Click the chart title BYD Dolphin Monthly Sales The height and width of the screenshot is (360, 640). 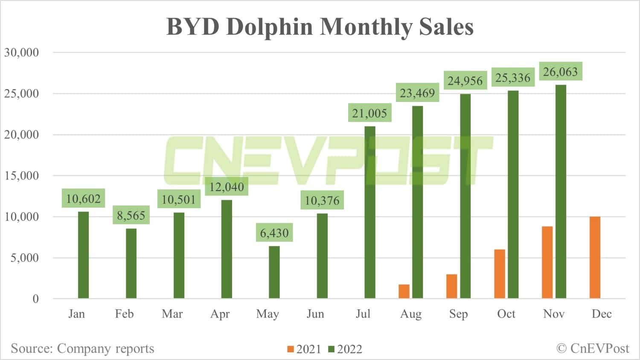320,26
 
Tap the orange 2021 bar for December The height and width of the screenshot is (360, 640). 595,258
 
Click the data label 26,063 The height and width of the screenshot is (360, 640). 560,72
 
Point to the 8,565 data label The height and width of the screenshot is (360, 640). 131,215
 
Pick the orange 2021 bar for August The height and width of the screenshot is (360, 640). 404,291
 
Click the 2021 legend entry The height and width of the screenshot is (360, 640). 304,349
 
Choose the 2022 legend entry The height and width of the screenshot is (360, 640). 345,349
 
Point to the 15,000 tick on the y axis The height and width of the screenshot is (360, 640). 21,175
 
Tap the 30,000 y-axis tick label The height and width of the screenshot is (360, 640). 21,52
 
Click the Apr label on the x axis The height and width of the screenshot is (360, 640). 220,314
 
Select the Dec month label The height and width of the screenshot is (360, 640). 602,314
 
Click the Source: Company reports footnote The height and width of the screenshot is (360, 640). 82,348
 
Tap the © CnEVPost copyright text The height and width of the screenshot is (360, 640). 593,348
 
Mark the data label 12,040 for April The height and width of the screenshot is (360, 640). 227,187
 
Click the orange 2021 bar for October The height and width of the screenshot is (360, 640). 500,274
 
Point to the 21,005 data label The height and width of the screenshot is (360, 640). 369,113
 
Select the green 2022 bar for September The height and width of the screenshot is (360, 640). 465,196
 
